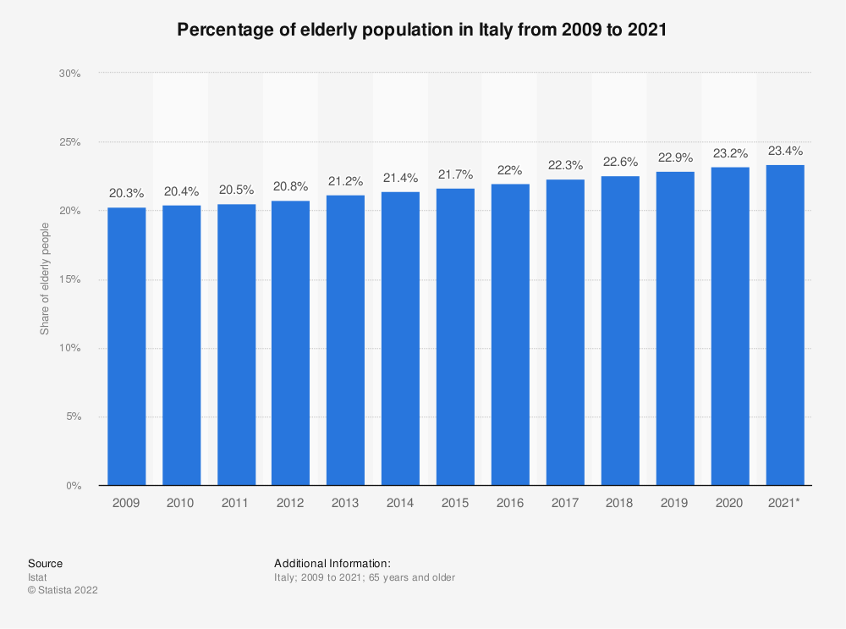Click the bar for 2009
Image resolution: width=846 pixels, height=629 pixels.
(126, 346)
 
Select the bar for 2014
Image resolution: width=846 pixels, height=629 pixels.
(400, 339)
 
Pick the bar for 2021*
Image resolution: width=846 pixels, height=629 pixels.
(785, 325)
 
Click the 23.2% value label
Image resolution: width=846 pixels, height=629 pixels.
(730, 155)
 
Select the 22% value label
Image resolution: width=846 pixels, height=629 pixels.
(510, 171)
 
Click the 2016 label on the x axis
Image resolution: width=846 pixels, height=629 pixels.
(510, 503)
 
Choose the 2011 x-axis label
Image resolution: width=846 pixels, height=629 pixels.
(235, 503)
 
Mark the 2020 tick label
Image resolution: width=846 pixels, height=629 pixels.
(730, 503)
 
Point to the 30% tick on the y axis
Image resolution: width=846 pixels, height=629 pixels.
(69, 74)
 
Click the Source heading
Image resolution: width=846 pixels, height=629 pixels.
(45, 563)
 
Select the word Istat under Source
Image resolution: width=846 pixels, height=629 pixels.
(38, 577)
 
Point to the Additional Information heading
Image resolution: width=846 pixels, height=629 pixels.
(332, 563)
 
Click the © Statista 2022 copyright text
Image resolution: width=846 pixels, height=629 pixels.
(63, 591)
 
